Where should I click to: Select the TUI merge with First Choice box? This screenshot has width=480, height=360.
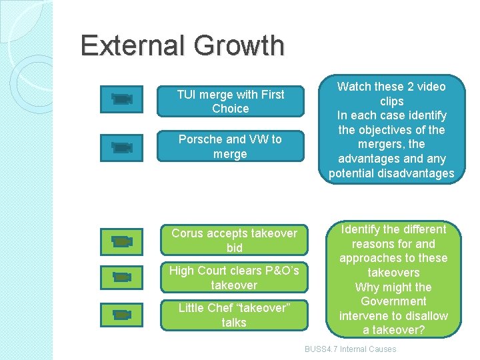tap(230, 101)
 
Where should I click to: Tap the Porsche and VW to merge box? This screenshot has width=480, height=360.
tap(230, 147)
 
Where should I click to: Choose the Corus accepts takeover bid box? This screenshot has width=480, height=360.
tap(234, 240)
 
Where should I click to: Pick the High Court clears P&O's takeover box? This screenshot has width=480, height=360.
tap(234, 278)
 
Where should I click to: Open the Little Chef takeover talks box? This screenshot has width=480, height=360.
tap(234, 315)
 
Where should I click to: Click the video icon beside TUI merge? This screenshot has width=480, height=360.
tap(122, 99)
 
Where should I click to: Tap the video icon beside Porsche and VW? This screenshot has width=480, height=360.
tap(122, 147)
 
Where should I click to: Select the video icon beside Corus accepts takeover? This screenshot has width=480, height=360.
tap(122, 241)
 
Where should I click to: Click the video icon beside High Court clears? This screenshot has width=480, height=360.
tap(122, 277)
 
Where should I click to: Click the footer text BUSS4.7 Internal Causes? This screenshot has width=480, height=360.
tap(350, 349)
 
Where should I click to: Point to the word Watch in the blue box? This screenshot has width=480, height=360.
tap(353, 87)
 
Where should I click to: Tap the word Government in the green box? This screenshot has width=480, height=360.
tap(393, 302)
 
